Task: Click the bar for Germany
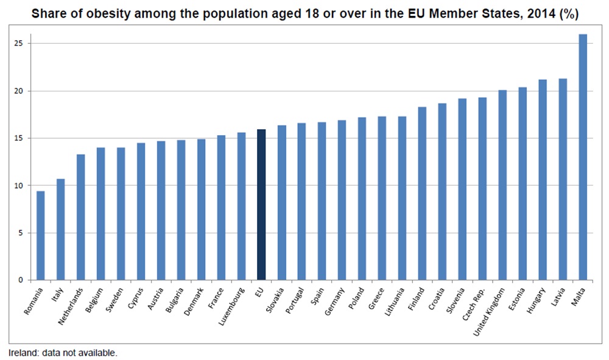point(342,200)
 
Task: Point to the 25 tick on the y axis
point(21,44)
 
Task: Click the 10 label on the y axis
point(21,186)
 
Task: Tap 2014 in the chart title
point(524,13)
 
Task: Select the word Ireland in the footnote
point(22,353)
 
